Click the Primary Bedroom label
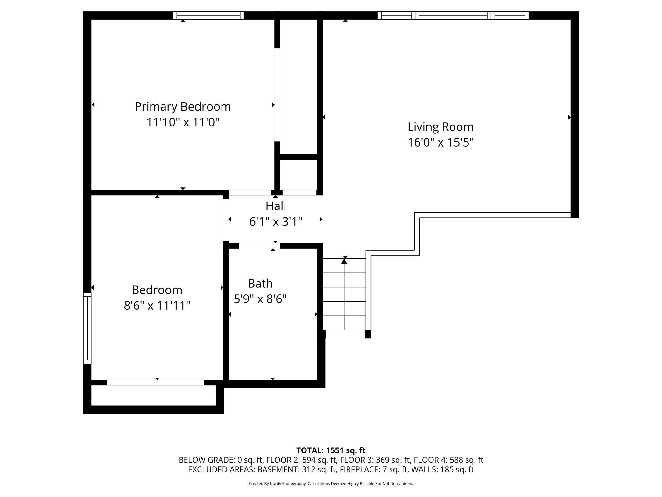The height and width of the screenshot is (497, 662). point(183,107)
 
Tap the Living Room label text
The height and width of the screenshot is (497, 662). point(440,127)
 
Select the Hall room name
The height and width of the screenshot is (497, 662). point(276,206)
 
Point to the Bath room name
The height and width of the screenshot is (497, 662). point(260,283)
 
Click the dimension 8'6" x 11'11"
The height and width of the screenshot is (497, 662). point(157,306)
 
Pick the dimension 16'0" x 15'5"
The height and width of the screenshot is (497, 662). point(440,142)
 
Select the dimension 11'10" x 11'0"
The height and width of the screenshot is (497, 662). point(183,122)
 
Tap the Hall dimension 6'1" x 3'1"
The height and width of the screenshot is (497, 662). point(276,221)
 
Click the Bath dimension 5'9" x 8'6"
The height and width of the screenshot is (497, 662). point(260,299)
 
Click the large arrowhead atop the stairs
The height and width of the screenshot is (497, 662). point(344,261)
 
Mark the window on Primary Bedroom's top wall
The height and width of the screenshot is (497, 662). point(208,15)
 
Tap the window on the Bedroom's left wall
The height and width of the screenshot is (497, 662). point(87,328)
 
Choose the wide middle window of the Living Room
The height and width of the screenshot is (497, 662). point(453,15)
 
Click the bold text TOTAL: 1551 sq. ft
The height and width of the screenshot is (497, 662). point(331,450)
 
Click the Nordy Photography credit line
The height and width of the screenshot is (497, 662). point(331,483)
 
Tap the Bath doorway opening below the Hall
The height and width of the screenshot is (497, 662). point(260,246)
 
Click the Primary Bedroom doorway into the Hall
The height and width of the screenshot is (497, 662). point(250,192)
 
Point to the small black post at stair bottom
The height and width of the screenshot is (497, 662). point(368,334)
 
